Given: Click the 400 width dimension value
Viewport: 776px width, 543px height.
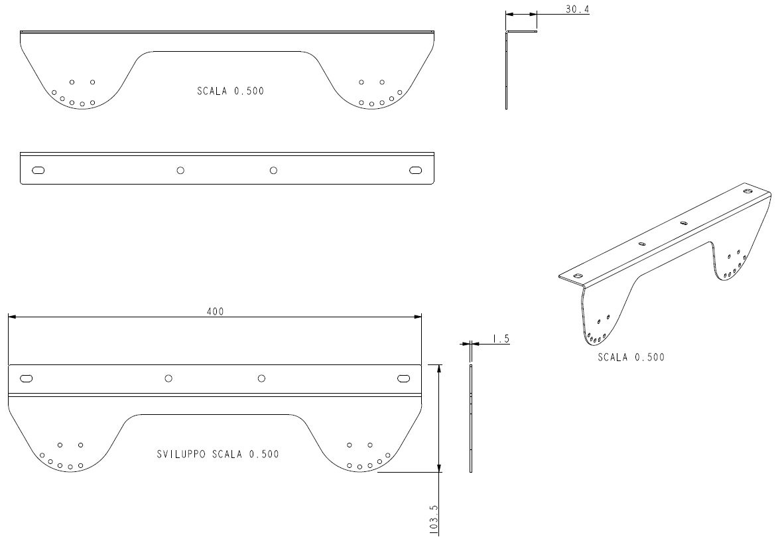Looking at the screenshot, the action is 215,311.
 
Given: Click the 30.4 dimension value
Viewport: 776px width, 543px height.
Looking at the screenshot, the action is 577,9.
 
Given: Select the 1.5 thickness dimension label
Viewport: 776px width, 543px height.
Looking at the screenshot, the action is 501,339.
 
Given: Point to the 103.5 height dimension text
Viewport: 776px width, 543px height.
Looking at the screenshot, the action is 434,519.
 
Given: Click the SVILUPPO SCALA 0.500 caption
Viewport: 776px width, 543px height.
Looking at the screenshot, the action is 218,454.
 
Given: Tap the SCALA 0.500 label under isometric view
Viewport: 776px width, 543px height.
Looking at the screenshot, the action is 631,357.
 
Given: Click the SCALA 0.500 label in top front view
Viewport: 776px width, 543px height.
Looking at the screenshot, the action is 230,91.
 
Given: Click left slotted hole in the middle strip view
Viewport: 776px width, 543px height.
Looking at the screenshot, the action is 38,171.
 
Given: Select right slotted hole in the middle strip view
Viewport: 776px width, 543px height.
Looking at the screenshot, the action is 416,171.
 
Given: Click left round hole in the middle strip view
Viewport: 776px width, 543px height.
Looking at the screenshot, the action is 180,171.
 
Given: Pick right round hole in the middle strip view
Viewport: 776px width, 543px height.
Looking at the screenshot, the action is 273,171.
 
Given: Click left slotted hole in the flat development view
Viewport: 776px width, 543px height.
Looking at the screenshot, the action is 27,378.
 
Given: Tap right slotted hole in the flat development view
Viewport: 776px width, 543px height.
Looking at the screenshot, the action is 404,378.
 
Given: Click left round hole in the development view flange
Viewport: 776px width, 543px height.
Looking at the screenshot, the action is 168,378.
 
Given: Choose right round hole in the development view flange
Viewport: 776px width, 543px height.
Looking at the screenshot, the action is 261,378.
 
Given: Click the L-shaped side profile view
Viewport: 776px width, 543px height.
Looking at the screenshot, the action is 506,69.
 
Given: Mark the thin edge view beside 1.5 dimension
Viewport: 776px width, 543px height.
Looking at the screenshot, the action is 471,418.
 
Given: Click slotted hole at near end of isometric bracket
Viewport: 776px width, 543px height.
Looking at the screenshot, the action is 577,275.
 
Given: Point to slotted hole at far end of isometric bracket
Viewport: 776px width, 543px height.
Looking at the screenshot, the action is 747,191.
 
